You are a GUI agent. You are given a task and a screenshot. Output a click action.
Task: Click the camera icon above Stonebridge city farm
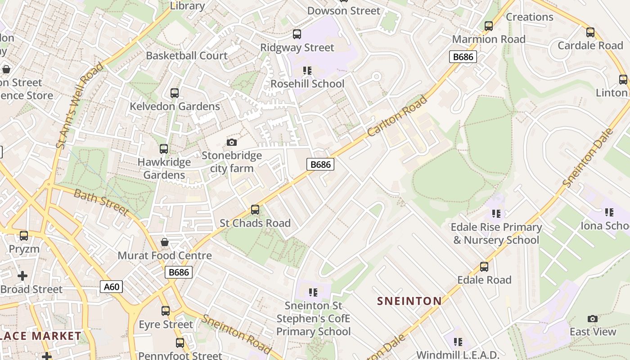point(232,142)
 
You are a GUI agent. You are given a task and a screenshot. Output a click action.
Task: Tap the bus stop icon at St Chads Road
point(255,209)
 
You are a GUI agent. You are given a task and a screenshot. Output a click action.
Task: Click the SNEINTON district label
point(409,301)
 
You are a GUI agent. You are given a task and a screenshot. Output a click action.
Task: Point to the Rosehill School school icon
point(307,70)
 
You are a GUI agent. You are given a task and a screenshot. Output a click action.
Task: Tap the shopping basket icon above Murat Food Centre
point(165,242)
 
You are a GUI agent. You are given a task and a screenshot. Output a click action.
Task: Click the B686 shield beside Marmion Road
point(463,57)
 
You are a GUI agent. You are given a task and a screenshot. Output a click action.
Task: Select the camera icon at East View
point(593,319)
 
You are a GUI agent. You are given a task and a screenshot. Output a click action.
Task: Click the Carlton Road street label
point(396,116)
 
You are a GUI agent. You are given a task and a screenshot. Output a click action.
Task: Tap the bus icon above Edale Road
point(484,266)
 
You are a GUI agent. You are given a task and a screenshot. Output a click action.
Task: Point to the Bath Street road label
point(101,202)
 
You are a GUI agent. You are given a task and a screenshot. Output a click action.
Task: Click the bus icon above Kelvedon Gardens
point(175,93)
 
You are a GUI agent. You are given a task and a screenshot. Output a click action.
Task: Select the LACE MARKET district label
point(40,336)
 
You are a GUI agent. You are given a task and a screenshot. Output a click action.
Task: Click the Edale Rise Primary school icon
point(496,213)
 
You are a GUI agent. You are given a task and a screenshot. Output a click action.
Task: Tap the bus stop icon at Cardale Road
point(590,32)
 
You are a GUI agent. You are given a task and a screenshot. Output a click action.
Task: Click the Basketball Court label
point(187,56)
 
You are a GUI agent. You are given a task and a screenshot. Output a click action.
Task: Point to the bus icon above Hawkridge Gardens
point(164,148)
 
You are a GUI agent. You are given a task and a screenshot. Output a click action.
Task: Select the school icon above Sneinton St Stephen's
point(313,292)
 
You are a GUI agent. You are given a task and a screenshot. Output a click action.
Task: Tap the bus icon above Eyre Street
point(166,310)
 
